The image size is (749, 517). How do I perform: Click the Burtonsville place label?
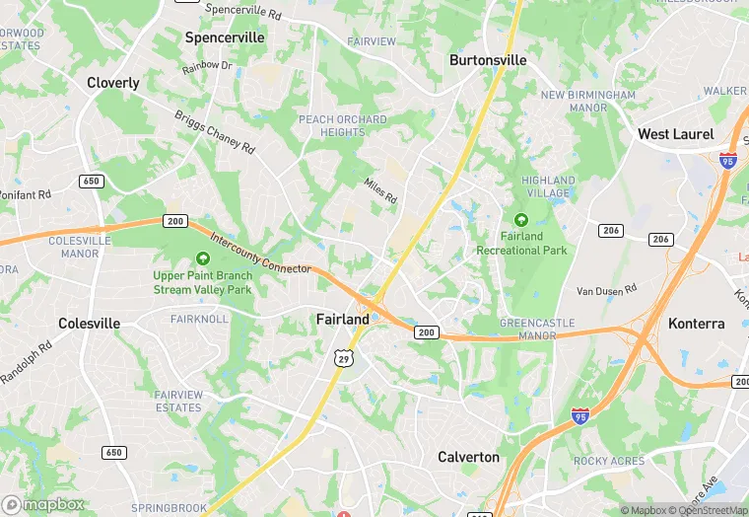(x=488, y=60)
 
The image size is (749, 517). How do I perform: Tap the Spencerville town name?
(x=225, y=37)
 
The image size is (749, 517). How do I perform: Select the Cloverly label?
(x=113, y=83)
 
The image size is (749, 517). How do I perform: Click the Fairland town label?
(x=343, y=319)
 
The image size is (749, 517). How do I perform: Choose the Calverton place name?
(x=468, y=457)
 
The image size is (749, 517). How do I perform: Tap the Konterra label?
(x=696, y=324)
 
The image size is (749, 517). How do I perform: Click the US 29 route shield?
(x=343, y=357)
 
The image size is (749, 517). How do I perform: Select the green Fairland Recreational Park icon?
(x=521, y=219)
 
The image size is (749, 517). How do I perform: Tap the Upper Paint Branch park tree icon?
(x=203, y=258)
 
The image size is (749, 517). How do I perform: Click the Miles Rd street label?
(x=379, y=191)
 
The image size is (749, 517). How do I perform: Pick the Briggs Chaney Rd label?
(x=215, y=131)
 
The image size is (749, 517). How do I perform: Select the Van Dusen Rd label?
(x=607, y=290)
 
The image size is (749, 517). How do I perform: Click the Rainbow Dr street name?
(x=207, y=67)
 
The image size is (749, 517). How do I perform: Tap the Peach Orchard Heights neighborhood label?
(x=342, y=125)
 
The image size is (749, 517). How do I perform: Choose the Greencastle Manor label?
(x=528, y=329)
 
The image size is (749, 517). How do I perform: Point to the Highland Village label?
(x=548, y=186)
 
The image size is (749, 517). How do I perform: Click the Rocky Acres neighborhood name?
(x=608, y=461)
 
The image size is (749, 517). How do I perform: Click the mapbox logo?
(x=43, y=504)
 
